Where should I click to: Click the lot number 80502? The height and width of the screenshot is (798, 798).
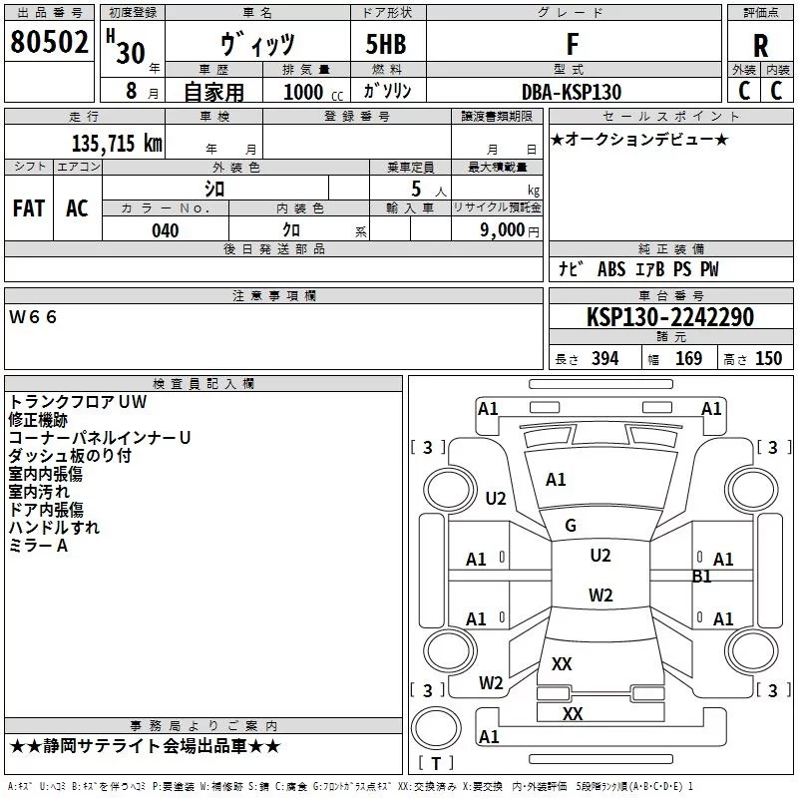(49, 41)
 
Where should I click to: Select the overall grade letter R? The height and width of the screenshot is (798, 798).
(760, 46)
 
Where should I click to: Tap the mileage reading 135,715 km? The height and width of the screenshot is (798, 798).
(117, 144)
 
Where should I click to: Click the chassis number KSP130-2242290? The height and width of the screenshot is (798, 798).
(669, 317)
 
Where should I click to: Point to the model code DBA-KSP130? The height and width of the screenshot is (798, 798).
(572, 92)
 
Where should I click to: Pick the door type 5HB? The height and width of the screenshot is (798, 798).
(386, 44)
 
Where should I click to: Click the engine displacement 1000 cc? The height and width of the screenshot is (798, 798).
(313, 92)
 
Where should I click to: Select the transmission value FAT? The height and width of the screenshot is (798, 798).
(29, 208)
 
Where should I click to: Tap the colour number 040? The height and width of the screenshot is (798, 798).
(166, 230)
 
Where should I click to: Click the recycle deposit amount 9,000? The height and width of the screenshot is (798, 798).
(503, 230)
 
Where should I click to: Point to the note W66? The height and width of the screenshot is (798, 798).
(33, 317)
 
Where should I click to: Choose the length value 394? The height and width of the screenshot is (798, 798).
(605, 358)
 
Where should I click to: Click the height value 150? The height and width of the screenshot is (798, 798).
(768, 358)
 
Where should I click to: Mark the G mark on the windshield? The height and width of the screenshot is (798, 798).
(571, 526)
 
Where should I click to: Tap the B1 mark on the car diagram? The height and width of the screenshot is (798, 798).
(702, 577)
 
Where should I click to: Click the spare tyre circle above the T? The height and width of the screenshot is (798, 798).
(436, 728)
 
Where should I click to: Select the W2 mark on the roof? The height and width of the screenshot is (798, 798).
(600, 595)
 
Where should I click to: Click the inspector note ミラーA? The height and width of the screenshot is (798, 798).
(38, 546)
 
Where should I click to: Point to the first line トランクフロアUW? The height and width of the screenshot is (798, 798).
(78, 402)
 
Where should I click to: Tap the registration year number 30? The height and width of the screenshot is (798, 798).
(131, 53)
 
